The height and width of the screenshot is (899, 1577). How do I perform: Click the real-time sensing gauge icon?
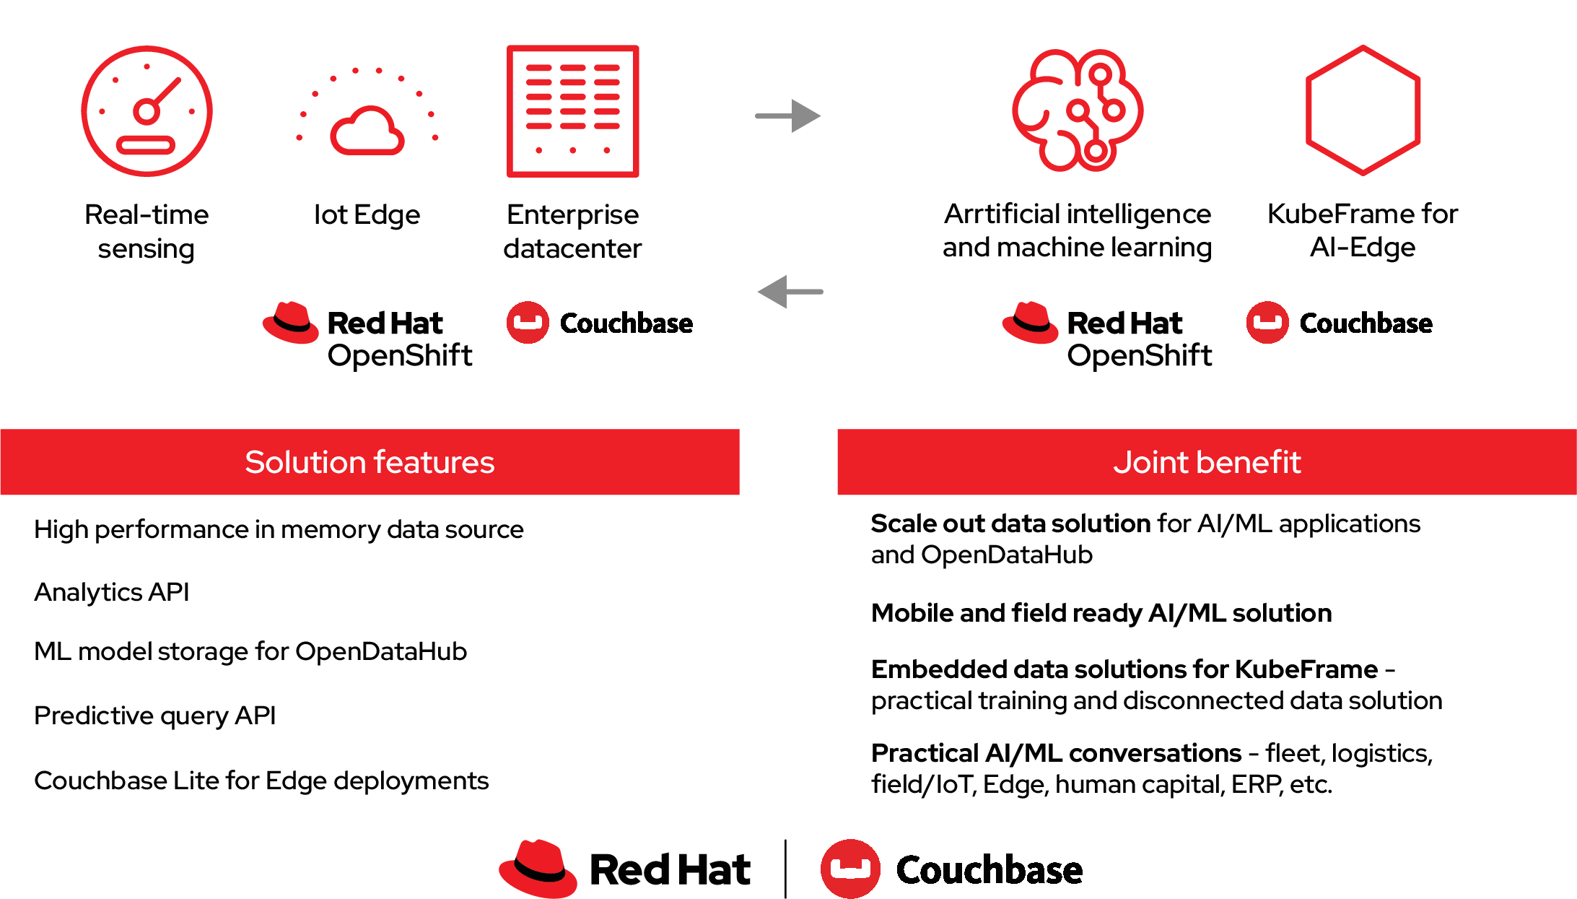(147, 111)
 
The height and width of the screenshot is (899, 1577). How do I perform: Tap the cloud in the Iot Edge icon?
(367, 131)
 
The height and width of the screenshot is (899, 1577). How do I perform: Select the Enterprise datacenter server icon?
(572, 111)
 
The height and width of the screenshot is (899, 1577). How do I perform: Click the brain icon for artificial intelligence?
(1077, 110)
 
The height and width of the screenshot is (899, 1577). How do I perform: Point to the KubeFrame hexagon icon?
(1363, 110)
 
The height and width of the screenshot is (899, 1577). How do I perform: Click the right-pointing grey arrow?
(788, 116)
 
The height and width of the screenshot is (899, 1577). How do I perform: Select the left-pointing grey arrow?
(790, 292)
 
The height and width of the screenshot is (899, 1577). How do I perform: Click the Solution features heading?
(370, 462)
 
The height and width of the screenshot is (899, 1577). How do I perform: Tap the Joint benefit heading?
(1207, 462)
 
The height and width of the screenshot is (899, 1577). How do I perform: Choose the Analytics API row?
(112, 592)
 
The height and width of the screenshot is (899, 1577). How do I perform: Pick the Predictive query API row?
(155, 716)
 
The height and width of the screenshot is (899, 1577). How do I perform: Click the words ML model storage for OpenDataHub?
(250, 651)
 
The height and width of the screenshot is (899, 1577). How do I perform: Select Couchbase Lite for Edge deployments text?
(261, 781)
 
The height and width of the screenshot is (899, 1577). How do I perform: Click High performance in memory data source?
(279, 529)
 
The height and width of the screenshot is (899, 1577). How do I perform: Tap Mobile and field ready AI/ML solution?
(1101, 613)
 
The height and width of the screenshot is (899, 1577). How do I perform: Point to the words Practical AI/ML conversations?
(1056, 753)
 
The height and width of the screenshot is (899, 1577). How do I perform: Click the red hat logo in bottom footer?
(538, 868)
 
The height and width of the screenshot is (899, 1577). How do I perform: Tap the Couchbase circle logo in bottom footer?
(850, 869)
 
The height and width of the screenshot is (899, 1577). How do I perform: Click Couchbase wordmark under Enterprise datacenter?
(626, 323)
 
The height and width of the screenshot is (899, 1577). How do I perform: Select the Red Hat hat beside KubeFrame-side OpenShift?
(1030, 322)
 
